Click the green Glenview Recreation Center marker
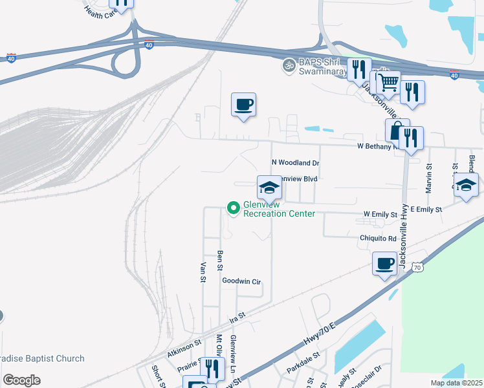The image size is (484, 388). pyautogui.click(x=234, y=208)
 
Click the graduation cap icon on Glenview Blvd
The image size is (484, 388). pyautogui.click(x=269, y=188)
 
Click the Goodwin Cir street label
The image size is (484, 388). pyautogui.click(x=241, y=282)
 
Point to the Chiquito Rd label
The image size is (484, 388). pyautogui.click(x=378, y=238)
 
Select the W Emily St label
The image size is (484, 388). pyautogui.click(x=380, y=213)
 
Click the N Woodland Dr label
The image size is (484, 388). pyautogui.click(x=295, y=164)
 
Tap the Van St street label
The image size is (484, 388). pyautogui.click(x=203, y=272)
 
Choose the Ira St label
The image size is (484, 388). pyautogui.click(x=238, y=318)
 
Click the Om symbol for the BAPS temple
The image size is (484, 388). pyautogui.click(x=288, y=65)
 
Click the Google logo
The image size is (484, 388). pyautogui.click(x=21, y=380)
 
